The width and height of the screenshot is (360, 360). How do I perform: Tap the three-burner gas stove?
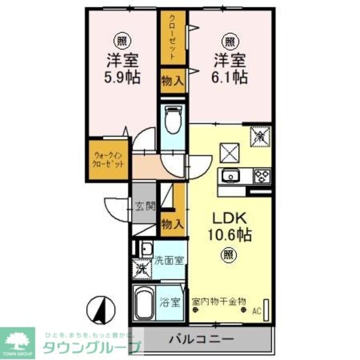tap(262, 177)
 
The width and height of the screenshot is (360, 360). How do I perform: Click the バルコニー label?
tap(201, 339)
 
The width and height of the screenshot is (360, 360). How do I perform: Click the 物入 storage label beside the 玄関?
tap(172, 223)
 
